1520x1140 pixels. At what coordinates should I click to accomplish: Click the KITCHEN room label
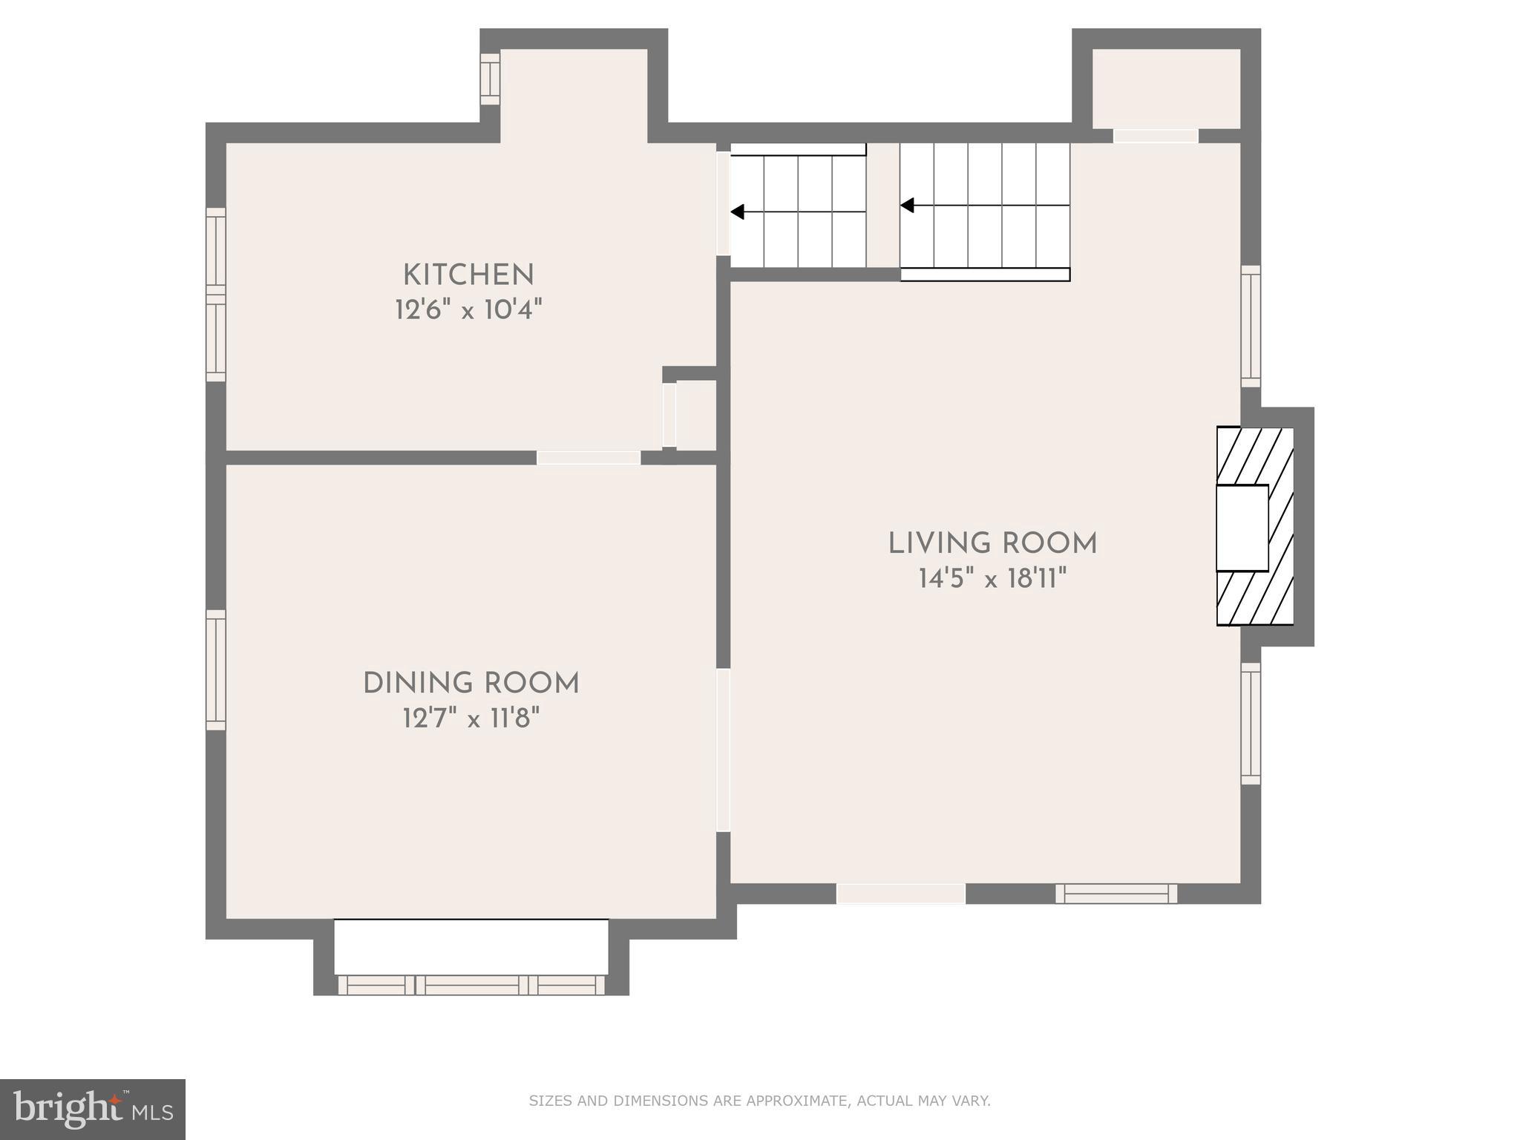click(x=468, y=275)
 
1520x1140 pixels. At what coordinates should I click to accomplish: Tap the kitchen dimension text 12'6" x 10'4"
click(x=468, y=309)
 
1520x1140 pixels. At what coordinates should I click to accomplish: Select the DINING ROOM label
click(x=471, y=684)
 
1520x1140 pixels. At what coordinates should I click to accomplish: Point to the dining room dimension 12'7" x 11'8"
click(x=471, y=718)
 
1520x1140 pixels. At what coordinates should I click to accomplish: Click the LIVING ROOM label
click(x=992, y=544)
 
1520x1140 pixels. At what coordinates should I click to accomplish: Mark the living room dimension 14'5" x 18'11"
click(x=992, y=578)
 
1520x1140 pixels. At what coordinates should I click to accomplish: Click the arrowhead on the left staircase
click(x=738, y=212)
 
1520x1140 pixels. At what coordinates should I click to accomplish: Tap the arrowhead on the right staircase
click(x=907, y=205)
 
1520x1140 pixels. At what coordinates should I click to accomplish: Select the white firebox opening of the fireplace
click(x=1242, y=528)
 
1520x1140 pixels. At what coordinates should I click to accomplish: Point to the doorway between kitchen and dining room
click(x=589, y=458)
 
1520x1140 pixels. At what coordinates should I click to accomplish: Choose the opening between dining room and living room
click(x=723, y=750)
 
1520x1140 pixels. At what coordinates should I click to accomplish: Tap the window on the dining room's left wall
click(x=216, y=670)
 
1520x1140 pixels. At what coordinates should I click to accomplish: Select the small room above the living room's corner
click(x=1166, y=88)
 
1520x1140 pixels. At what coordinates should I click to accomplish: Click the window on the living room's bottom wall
click(x=1116, y=894)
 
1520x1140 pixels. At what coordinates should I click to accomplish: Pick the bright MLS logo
click(x=92, y=1109)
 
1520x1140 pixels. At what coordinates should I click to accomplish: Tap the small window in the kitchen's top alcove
click(x=490, y=79)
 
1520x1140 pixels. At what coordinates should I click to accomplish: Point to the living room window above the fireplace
click(x=1251, y=326)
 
